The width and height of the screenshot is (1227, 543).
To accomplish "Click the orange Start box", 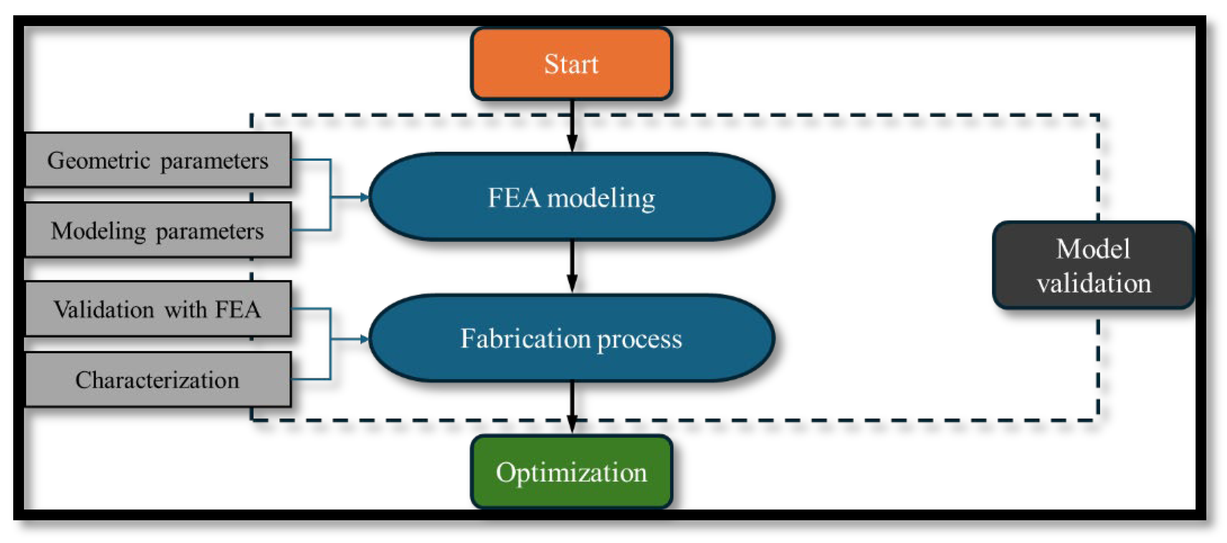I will (x=571, y=64).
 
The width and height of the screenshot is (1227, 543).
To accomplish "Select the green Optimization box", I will (x=571, y=472).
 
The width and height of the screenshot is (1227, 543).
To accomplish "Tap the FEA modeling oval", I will (x=571, y=197).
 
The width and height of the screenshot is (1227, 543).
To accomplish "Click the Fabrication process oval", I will (x=571, y=338).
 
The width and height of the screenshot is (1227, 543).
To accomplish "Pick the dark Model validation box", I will (x=1093, y=265).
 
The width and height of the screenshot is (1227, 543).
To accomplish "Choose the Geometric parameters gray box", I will (x=157, y=160).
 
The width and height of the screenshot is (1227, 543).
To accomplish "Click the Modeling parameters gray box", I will (x=157, y=231).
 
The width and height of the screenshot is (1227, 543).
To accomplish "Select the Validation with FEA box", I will (x=157, y=309).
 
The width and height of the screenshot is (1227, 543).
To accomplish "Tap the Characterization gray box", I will (x=157, y=380).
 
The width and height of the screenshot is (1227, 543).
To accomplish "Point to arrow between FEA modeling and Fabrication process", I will (x=572, y=267).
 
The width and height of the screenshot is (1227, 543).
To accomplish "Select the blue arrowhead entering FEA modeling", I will (x=364, y=197).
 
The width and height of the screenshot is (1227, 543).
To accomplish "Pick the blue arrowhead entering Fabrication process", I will (x=364, y=339).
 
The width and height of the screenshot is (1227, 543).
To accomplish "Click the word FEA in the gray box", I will (x=238, y=309).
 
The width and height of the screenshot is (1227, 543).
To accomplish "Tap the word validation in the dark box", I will (x=1094, y=283).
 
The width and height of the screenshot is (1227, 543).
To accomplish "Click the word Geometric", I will (x=98, y=160).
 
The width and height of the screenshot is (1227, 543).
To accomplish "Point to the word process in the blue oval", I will (x=639, y=339).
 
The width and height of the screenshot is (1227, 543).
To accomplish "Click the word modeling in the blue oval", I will (x=601, y=198).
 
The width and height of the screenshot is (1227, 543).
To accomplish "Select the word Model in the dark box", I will (x=1093, y=249).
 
